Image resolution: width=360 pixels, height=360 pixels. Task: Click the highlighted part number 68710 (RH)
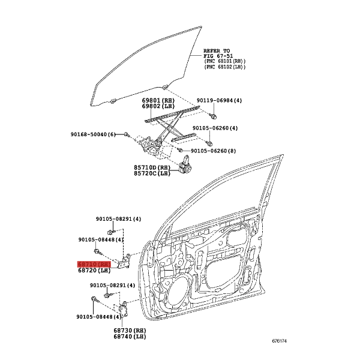[x=94, y=265]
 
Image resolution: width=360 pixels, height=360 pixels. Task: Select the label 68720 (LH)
[x=94, y=271]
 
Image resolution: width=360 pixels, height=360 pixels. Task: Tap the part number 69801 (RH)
[x=158, y=101]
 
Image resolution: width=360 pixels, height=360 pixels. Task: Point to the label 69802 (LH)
[x=158, y=106]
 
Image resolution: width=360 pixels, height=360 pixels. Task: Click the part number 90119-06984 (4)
[x=219, y=101]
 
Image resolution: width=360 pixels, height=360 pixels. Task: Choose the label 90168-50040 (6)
[x=93, y=134]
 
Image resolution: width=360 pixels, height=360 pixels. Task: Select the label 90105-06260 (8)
[x=213, y=151]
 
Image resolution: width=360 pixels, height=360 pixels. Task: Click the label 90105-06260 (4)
[x=215, y=128]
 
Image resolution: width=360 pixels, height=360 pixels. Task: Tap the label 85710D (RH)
[x=152, y=167]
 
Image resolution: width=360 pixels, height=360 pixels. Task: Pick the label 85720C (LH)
[x=152, y=173]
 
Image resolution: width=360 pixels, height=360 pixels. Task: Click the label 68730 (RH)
[x=130, y=331]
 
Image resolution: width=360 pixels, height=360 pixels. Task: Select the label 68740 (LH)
[x=130, y=337]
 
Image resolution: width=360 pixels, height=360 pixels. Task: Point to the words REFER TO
[x=217, y=51]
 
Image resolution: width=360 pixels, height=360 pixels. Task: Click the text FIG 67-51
[x=218, y=56]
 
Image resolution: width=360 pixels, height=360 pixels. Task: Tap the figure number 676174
[x=280, y=341]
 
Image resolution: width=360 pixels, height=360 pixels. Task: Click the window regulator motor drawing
[x=185, y=166]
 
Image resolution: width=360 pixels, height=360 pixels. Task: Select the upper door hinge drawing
[x=124, y=262]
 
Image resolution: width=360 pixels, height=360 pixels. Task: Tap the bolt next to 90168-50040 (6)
[x=126, y=134]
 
